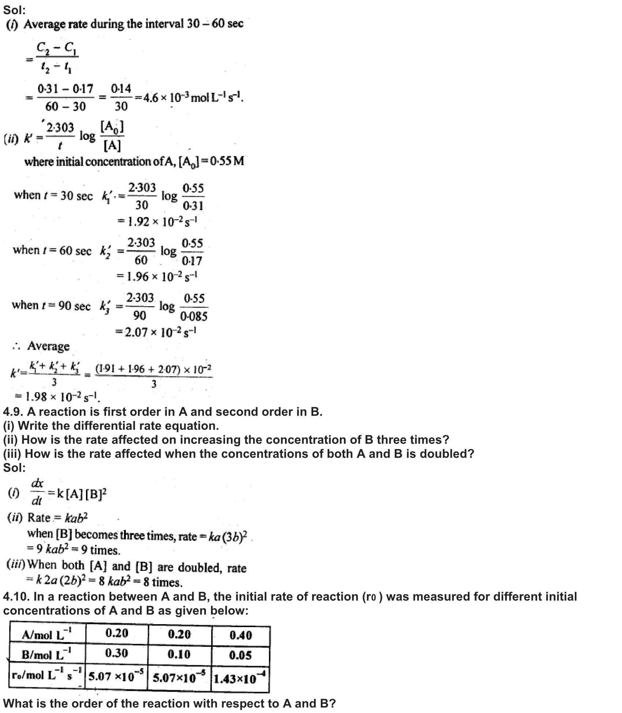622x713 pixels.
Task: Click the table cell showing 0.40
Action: (240, 636)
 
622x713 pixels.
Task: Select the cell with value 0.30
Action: (116, 653)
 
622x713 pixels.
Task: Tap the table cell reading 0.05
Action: (240, 655)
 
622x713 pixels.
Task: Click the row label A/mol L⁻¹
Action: (47, 635)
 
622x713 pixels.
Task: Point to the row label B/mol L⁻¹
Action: (47, 655)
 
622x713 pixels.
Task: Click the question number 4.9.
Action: (13, 412)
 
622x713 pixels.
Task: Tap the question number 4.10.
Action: (16, 597)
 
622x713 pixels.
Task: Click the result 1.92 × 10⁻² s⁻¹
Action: (163, 222)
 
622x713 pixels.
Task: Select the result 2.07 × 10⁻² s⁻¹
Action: (161, 333)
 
